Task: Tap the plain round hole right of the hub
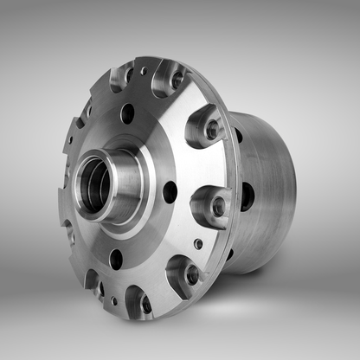tap(170, 191)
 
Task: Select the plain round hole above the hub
tap(127, 113)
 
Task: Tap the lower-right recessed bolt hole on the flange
tap(192, 274)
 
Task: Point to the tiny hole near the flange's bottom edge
tap(113, 301)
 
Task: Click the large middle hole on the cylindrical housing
tap(247, 196)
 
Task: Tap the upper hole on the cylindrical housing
tap(237, 135)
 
